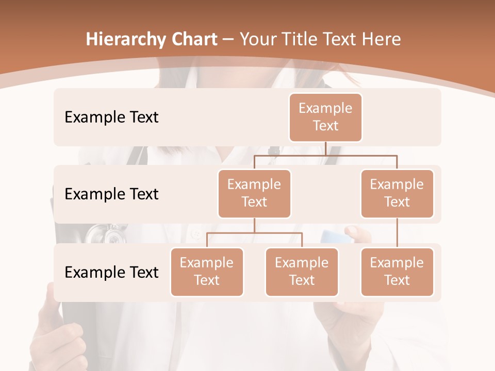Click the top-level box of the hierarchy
coord(325,117)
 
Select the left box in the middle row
coord(254,193)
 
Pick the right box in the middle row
coord(397,193)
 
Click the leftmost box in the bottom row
coord(207,272)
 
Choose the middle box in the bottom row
coord(302,272)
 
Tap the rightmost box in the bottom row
coord(397,272)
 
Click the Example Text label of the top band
coord(111,117)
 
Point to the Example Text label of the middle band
coord(111,194)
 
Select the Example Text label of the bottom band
coord(111,272)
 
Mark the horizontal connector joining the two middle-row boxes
coord(325,155)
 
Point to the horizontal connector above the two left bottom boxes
coord(254,233)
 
